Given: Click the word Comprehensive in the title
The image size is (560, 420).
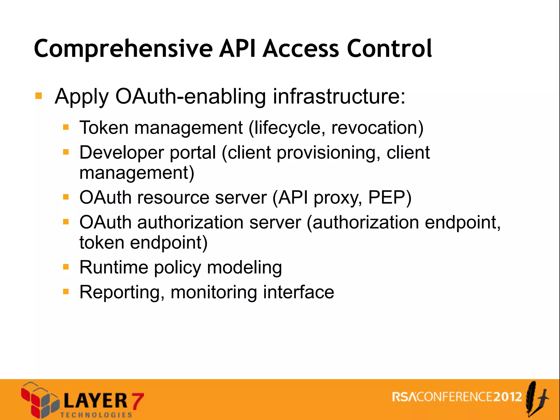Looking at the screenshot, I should [123, 49].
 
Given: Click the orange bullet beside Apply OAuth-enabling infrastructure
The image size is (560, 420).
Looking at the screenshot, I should [39, 96].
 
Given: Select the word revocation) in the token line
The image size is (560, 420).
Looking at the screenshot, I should [377, 128].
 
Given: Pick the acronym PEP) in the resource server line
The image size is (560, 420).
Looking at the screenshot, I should [390, 197].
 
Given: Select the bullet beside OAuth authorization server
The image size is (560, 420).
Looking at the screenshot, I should [66, 222].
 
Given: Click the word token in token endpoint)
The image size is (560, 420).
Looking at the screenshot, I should [102, 243].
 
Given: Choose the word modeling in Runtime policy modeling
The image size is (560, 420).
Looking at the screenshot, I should [244, 267].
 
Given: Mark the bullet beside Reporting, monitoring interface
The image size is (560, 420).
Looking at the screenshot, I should [66, 292].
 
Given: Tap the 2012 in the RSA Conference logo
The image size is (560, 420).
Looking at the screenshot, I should [508, 397].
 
